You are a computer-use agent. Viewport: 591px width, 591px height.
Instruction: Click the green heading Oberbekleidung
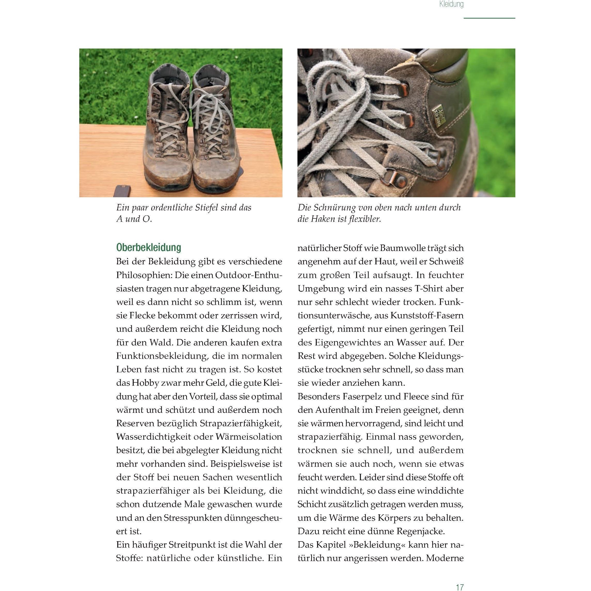coord(149,247)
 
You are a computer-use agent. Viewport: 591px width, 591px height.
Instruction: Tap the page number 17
coord(460,587)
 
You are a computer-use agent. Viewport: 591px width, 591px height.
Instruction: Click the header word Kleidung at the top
coord(451,4)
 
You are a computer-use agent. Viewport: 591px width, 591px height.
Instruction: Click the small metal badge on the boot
coord(438,115)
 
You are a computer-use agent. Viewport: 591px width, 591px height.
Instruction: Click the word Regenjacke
coord(421,531)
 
